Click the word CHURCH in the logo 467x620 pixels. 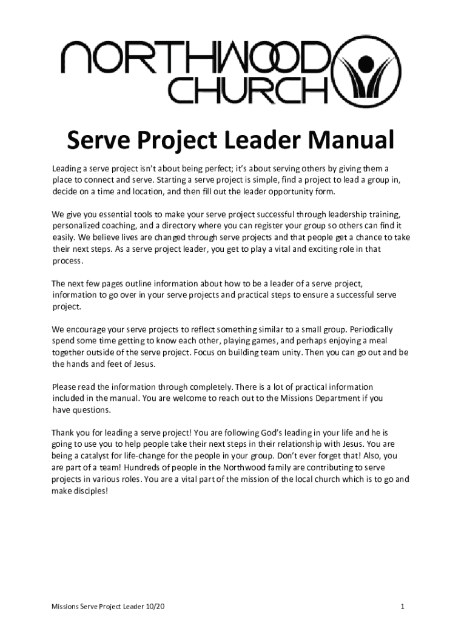click(x=249, y=91)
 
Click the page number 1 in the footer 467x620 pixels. click(x=402, y=606)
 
